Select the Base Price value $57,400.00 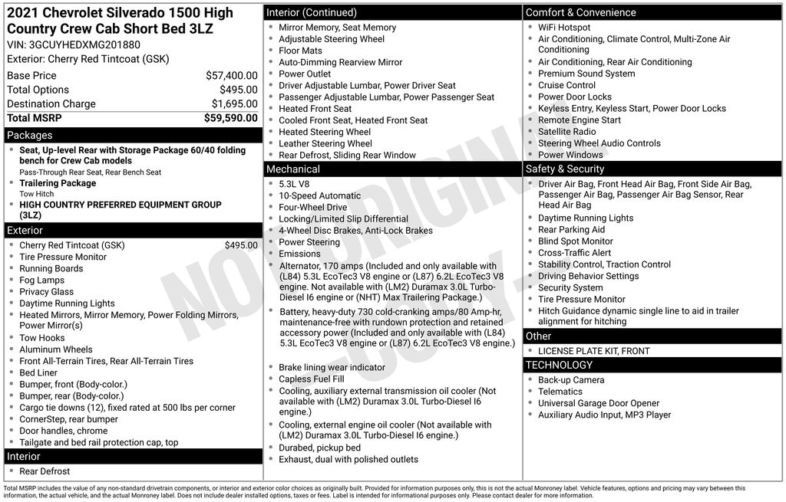(x=231, y=76)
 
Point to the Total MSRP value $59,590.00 (x=230, y=118)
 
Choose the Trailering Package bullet (x=58, y=184)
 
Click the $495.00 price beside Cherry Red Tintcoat (x=241, y=245)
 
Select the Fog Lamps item (x=41, y=281)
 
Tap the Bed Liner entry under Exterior (x=38, y=372)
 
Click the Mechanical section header (x=292, y=169)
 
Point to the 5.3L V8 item (x=294, y=184)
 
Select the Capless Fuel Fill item (x=312, y=379)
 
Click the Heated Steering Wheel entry (x=324, y=132)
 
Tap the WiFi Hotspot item (x=564, y=28)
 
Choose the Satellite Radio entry (x=566, y=132)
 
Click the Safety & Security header (x=564, y=169)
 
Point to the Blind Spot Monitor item (x=576, y=241)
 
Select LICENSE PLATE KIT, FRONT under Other (x=593, y=351)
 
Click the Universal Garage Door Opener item (x=599, y=403)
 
